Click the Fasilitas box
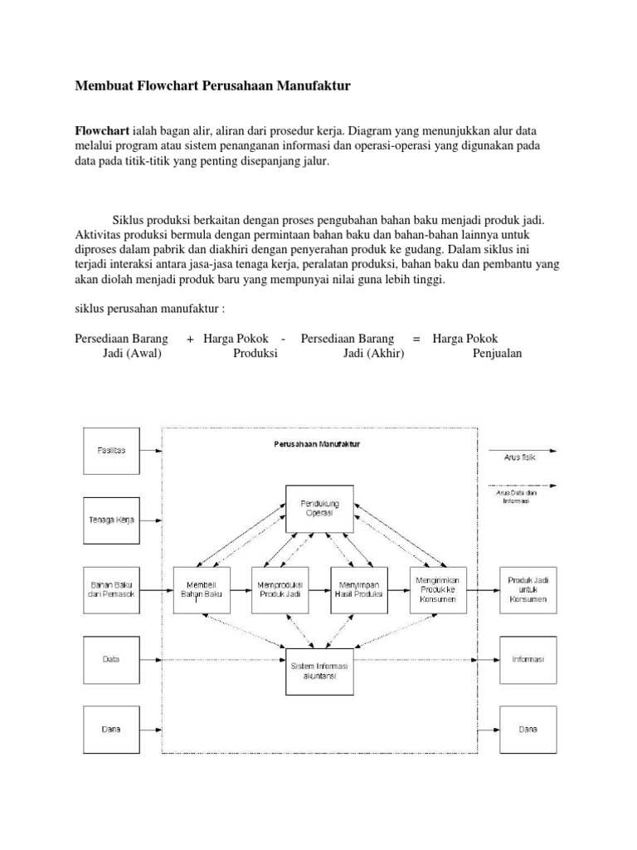[111, 450]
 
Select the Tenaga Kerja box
[111, 520]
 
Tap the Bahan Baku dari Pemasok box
[111, 589]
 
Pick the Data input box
[111, 659]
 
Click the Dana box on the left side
[111, 729]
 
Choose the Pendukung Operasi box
[319, 508]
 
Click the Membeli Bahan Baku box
[202, 589]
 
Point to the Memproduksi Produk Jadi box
[280, 589]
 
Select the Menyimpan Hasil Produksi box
[358, 589]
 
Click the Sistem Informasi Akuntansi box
[319, 670]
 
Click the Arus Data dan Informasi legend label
[509, 496]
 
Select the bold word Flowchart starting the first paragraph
[102, 131]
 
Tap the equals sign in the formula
[416, 339]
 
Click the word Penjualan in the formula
[498, 353]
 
